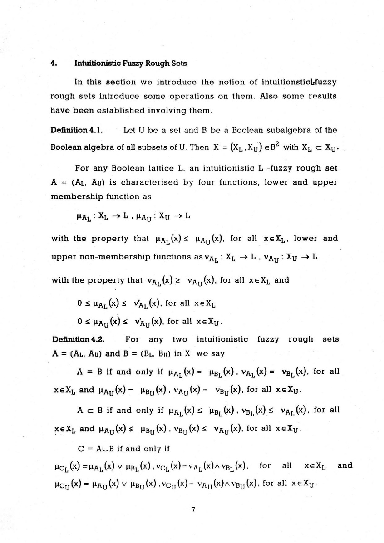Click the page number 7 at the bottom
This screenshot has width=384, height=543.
[193, 509]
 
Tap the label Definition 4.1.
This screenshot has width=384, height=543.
[77, 130]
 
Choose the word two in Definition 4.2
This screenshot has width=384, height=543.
[180, 339]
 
